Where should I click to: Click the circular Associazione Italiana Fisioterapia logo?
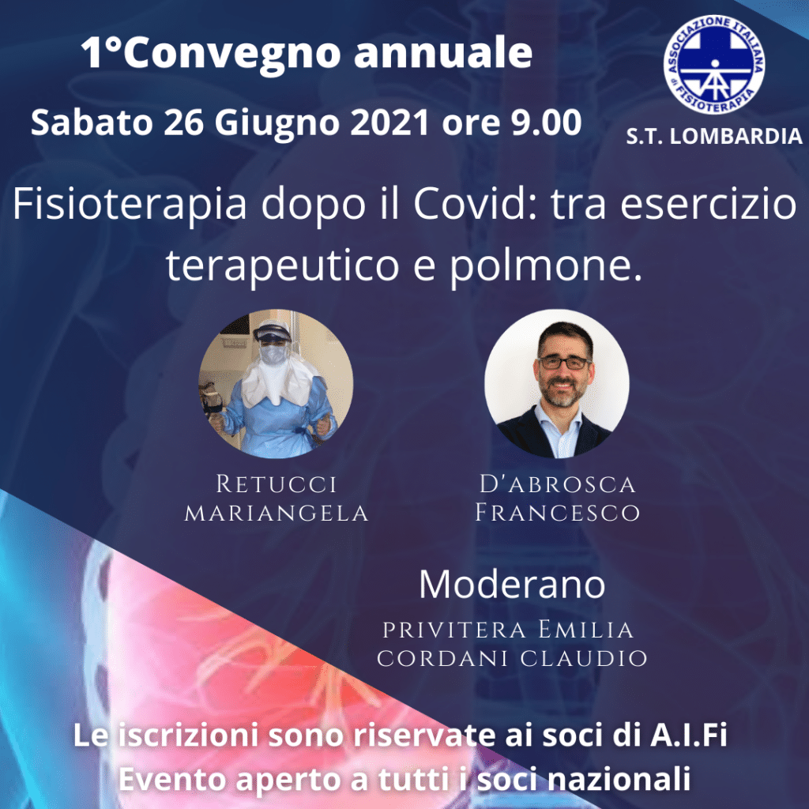click(x=714, y=65)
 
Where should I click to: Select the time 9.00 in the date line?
click(x=546, y=122)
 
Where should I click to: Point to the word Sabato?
click(x=92, y=122)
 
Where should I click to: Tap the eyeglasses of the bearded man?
click(x=564, y=363)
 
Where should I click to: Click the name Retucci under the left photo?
click(x=276, y=484)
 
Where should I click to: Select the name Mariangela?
click(x=276, y=513)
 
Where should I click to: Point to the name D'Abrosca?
click(x=557, y=484)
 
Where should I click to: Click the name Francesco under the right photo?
click(x=557, y=513)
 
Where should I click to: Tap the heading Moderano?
click(x=512, y=585)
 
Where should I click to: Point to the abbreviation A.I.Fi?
click(x=688, y=736)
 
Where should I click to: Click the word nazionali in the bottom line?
click(x=619, y=779)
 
